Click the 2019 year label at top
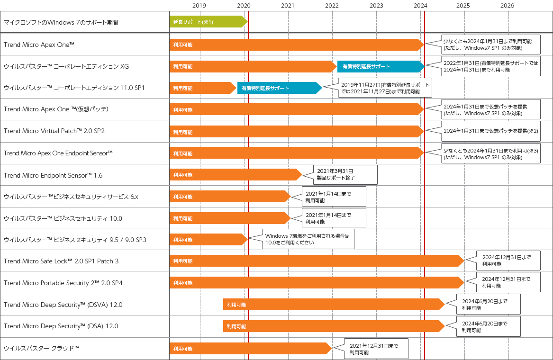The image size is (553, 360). click(199, 6)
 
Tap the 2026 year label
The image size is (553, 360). click(507, 6)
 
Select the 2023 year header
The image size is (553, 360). click(376, 6)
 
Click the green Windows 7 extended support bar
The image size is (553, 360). click(208, 22)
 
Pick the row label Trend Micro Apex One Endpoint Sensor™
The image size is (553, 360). click(58, 153)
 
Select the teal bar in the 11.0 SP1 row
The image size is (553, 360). click(279, 88)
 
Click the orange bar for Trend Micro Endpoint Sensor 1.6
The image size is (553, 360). click(235, 175)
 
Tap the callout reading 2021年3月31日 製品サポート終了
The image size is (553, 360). click(345, 175)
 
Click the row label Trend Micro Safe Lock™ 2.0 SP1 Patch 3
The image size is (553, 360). click(61, 261)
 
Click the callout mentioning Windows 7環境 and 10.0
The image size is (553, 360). click(308, 239)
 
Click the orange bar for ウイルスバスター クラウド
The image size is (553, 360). click(250, 348)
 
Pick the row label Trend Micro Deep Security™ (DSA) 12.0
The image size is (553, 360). click(61, 326)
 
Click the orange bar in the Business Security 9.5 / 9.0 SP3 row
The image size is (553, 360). click(208, 240)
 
